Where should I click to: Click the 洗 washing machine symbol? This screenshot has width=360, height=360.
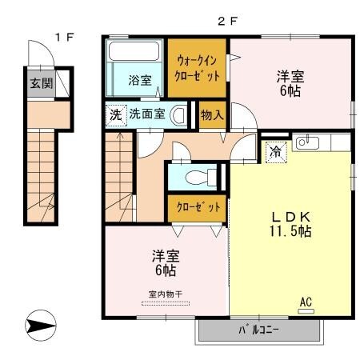[116, 114]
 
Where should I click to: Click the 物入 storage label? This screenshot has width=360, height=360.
[212, 114]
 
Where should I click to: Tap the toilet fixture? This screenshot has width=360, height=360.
[194, 176]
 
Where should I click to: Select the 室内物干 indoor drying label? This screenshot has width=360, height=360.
[166, 294]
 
